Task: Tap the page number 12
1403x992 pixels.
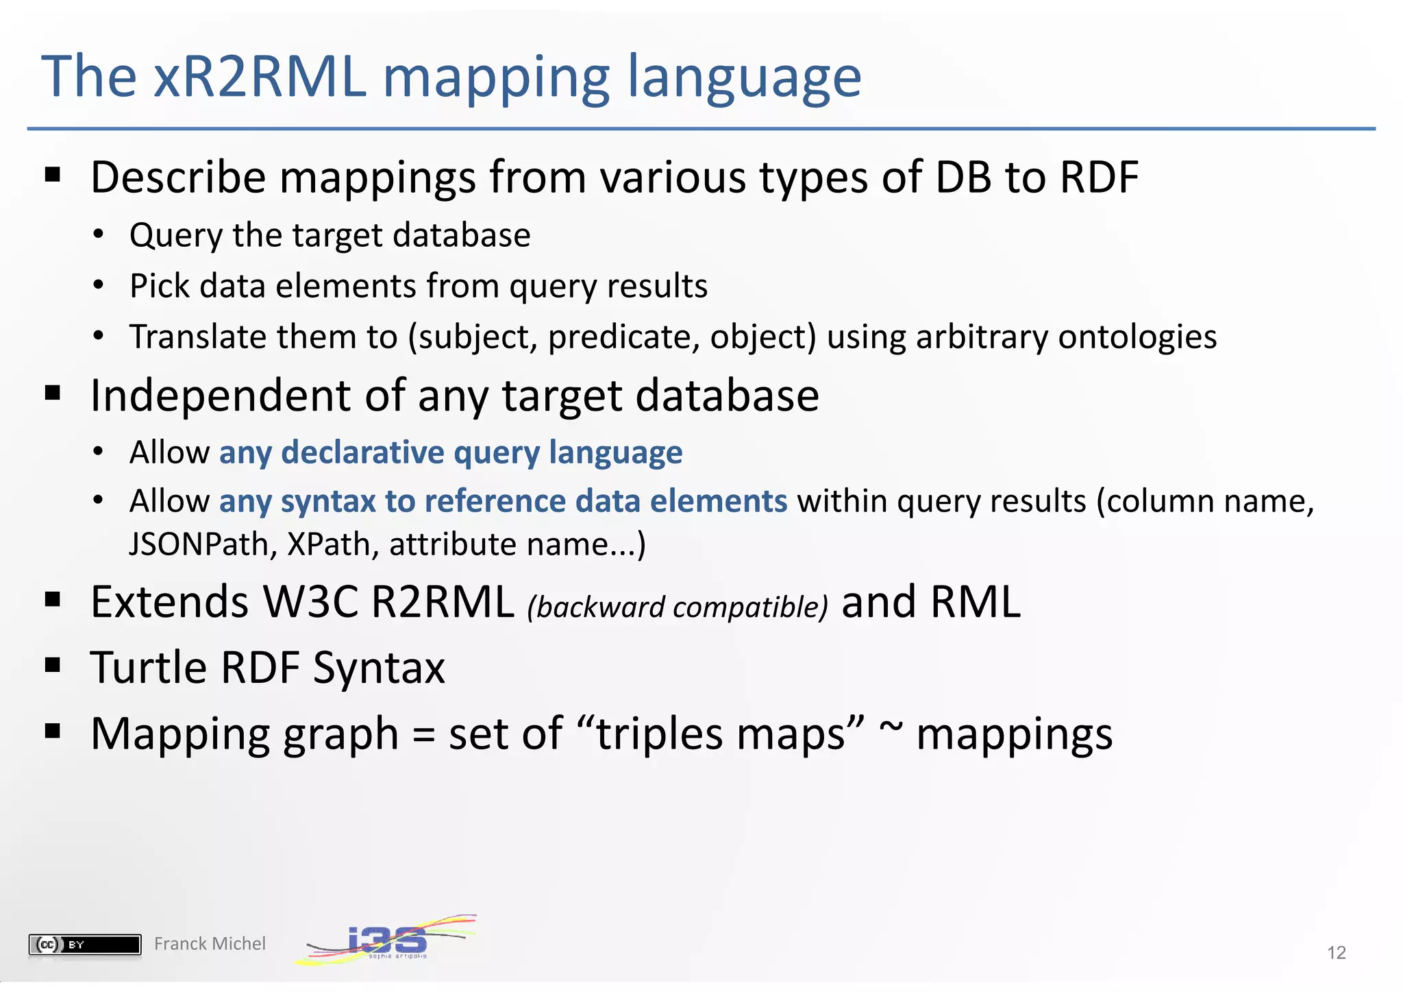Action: click(x=1336, y=952)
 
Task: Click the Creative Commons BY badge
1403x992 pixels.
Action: click(x=85, y=945)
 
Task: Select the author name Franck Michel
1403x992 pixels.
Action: click(x=210, y=944)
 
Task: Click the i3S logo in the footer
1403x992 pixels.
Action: click(x=387, y=940)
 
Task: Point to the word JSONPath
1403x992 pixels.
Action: click(x=203, y=545)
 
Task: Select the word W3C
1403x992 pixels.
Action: click(x=310, y=602)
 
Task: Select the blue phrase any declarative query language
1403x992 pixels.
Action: click(x=451, y=452)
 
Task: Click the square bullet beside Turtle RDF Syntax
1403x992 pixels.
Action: click(x=53, y=665)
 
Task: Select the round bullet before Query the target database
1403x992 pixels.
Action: click(x=99, y=235)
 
